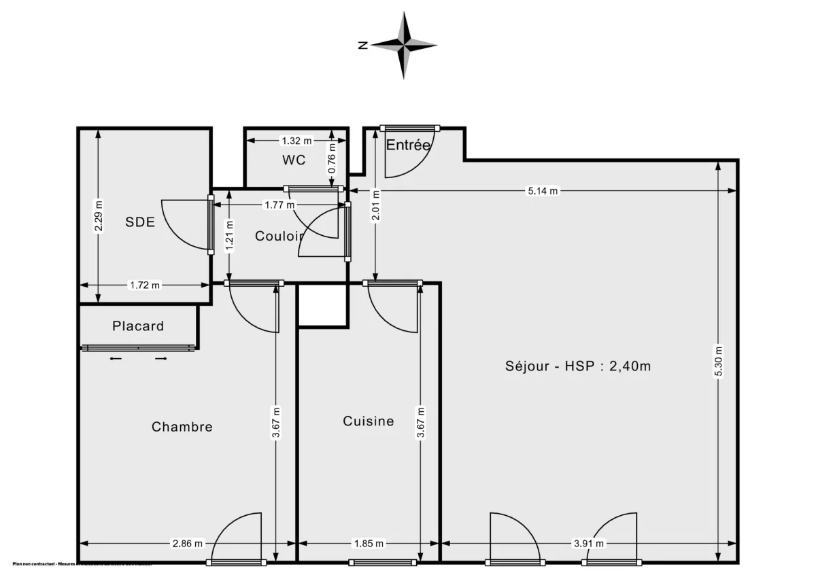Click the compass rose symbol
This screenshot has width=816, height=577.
pyautogui.click(x=404, y=45)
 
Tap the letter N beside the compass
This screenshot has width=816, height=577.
pyautogui.click(x=363, y=46)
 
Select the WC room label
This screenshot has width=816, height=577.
pyautogui.click(x=294, y=160)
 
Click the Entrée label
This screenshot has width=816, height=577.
pyautogui.click(x=408, y=145)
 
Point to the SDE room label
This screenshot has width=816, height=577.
pyautogui.click(x=140, y=222)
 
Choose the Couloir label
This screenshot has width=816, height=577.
pyautogui.click(x=279, y=236)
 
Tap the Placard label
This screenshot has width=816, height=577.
pyautogui.click(x=138, y=326)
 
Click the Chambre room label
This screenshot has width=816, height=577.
pyautogui.click(x=182, y=427)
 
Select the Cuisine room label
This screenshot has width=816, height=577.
pyautogui.click(x=368, y=421)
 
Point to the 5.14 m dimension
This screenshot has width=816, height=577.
pyautogui.click(x=543, y=191)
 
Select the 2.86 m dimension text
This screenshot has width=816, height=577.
pyautogui.click(x=188, y=543)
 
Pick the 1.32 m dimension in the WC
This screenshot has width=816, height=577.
pyautogui.click(x=296, y=141)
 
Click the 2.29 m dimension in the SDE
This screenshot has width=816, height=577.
pyautogui.click(x=99, y=215)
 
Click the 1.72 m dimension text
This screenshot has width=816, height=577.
pyautogui.click(x=144, y=285)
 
